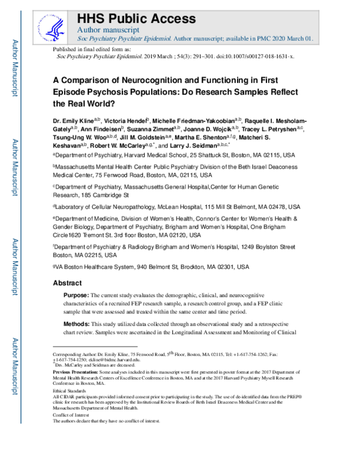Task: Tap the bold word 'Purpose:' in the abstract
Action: [x=76, y=296]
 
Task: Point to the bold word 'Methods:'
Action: [x=76, y=324]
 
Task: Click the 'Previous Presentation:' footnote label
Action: [x=73, y=372]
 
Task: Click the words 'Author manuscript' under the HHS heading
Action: [x=109, y=29]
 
